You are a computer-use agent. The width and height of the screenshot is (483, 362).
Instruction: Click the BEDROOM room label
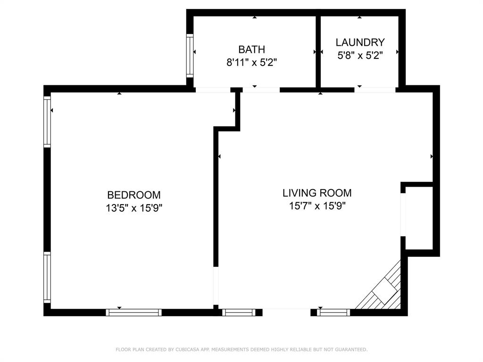(133, 195)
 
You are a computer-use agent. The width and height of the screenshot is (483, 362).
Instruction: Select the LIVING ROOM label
(317, 193)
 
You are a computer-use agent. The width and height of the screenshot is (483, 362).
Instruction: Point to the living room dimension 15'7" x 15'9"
(317, 206)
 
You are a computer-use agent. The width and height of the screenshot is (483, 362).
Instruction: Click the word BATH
(251, 49)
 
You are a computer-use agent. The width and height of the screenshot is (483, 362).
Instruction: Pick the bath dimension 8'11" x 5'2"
(251, 62)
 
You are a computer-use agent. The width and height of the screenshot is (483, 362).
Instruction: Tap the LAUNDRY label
(360, 42)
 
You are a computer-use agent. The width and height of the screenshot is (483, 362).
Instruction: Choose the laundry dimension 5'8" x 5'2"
(360, 55)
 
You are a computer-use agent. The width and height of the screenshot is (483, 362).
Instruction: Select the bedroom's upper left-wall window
(47, 122)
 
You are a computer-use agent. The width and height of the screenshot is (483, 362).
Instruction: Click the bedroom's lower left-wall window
(47, 277)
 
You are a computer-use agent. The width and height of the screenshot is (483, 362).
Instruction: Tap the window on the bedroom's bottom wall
(133, 312)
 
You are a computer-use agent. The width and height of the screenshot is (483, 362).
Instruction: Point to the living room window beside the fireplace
(333, 312)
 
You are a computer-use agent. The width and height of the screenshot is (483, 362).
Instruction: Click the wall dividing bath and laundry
(318, 51)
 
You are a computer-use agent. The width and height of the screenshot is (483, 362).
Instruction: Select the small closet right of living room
(419, 218)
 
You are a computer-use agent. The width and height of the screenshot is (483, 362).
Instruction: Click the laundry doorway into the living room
(375, 89)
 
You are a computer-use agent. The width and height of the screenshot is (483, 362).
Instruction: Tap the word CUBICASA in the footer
(189, 350)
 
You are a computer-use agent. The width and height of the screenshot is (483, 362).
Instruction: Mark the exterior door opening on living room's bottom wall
(286, 312)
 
